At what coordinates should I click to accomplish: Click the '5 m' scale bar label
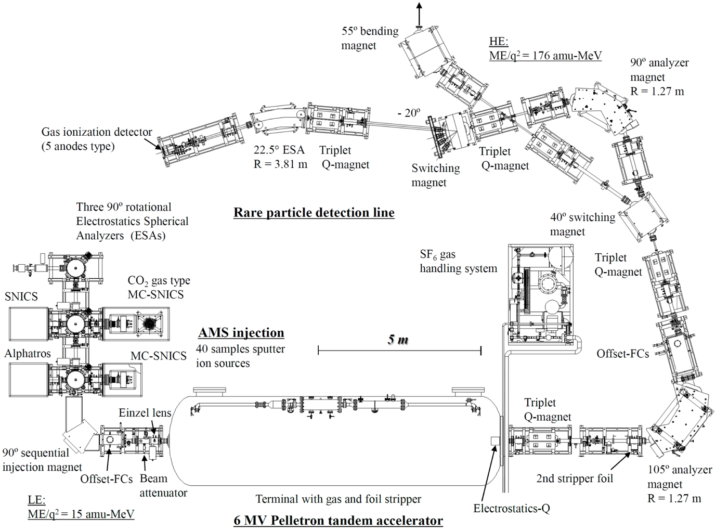click(398, 340)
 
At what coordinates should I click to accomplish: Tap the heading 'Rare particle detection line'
click(314, 212)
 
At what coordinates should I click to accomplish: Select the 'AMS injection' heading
click(241, 333)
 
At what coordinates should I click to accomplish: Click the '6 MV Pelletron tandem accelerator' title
click(339, 520)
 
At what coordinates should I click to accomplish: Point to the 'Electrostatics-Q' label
click(511, 508)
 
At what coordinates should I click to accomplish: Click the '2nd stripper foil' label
click(575, 478)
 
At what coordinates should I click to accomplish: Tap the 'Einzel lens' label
click(145, 413)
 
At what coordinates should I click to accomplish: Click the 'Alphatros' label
click(28, 354)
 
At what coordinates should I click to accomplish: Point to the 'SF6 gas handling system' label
click(458, 261)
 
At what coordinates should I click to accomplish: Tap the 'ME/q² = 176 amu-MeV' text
click(545, 55)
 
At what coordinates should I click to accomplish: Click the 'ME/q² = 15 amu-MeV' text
click(81, 514)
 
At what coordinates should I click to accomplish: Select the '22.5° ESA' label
click(279, 150)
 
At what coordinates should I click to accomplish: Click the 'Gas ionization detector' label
click(97, 132)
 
